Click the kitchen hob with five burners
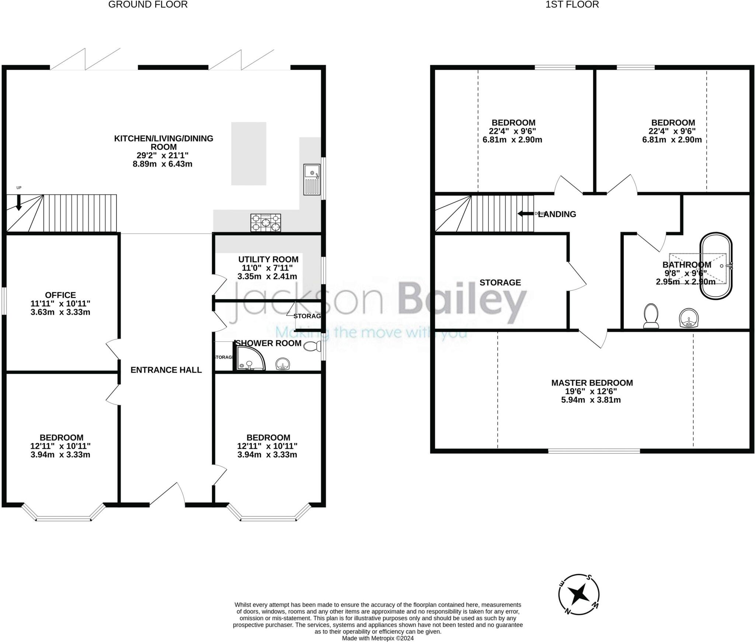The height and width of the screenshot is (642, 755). [x=265, y=222]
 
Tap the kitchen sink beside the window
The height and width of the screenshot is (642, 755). [x=312, y=179]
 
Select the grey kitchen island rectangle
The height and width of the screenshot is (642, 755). [x=248, y=153]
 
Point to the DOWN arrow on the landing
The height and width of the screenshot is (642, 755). [x=525, y=214]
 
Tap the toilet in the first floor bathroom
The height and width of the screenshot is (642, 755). [x=651, y=315]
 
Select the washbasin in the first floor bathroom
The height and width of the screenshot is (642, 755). [x=689, y=318]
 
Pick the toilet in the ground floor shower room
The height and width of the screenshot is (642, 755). [x=313, y=346]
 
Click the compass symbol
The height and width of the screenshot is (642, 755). [x=578, y=594]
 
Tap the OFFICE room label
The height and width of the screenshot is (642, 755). [x=60, y=295]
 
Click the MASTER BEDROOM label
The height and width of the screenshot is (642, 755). [x=592, y=383]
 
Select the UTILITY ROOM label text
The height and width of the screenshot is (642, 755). [x=268, y=259]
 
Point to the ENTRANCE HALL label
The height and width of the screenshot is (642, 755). [x=166, y=370]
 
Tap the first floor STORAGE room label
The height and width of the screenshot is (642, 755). [x=500, y=282]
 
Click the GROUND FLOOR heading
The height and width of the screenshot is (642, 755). [x=148, y=4]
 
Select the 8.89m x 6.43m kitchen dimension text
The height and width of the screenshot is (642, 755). [x=162, y=164]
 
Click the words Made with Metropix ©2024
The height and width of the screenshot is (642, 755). [x=377, y=638]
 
